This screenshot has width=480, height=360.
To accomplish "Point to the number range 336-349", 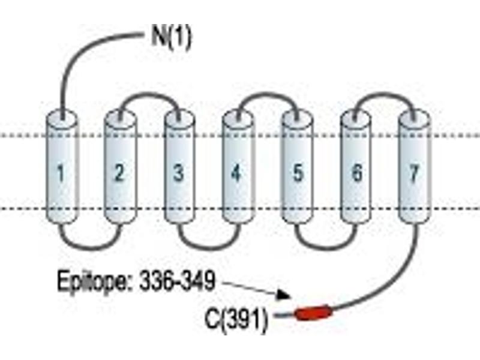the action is (177, 280).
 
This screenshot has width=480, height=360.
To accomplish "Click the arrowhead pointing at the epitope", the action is (283, 295).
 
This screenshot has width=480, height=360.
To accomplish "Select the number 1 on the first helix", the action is (61, 173).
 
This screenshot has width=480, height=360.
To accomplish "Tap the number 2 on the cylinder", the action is (119, 172).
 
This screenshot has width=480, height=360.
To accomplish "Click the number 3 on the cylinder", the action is (179, 172).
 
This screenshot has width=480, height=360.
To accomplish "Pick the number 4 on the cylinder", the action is (236, 173).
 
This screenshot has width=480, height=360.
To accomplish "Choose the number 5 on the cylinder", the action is (298, 172).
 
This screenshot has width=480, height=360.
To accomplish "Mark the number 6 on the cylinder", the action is (356, 172).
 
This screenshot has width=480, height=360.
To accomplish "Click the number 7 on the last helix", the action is (414, 172).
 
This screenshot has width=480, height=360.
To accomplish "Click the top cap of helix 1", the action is (62, 117).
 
